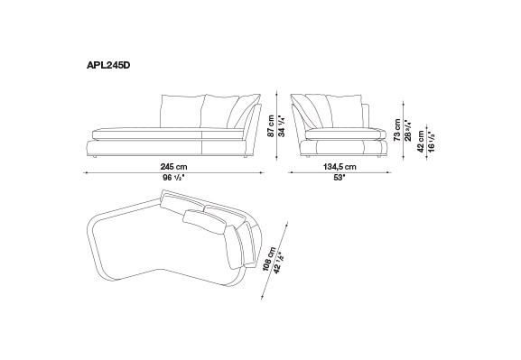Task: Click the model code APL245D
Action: [108, 66]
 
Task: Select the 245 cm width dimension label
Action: [173, 167]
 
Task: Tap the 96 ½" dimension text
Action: [173, 178]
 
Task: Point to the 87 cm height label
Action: [271, 126]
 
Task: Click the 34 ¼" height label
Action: [282, 126]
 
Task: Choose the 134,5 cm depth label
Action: [340, 167]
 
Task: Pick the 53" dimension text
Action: [340, 178]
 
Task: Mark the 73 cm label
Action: [397, 130]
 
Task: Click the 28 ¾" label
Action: [408, 130]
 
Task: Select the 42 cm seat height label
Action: [421, 142]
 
